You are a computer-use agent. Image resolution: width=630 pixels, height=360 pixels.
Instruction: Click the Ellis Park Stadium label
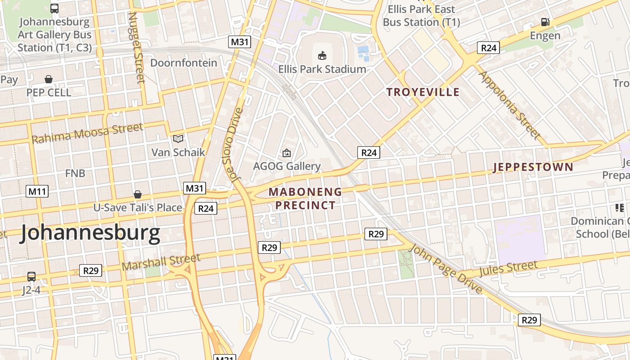tap(322, 69)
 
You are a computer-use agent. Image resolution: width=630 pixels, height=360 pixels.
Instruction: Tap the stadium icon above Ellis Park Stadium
tap(322, 56)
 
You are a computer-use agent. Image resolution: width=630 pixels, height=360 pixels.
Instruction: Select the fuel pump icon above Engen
tap(545, 22)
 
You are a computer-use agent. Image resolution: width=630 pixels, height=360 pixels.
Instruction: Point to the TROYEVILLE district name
tap(423, 92)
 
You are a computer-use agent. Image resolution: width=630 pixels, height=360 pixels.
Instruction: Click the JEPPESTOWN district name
tap(533, 167)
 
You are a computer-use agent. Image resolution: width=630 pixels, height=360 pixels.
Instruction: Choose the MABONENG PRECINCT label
tap(306, 198)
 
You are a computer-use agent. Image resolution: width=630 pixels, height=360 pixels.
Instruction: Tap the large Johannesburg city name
tap(90, 233)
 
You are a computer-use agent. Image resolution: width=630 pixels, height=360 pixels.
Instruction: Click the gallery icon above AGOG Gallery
tap(287, 153)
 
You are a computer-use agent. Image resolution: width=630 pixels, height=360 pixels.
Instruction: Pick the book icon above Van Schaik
tap(178, 139)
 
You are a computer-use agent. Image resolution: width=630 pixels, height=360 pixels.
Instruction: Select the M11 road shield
tap(37, 191)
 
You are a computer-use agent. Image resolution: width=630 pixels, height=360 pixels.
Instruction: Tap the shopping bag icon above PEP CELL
tap(49, 79)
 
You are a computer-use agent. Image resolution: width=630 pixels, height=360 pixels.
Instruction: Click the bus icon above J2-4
tap(31, 276)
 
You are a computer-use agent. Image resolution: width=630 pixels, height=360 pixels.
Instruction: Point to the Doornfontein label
tap(184, 63)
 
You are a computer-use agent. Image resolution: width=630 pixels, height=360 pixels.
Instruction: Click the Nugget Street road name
tap(136, 47)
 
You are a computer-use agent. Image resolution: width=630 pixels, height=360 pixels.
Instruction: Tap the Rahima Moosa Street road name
tap(87, 133)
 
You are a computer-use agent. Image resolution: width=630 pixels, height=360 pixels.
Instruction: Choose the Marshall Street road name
tap(161, 262)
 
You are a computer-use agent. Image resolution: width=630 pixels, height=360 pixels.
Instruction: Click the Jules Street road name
tap(508, 269)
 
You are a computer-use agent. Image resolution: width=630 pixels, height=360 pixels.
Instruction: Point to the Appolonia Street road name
tap(510, 104)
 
